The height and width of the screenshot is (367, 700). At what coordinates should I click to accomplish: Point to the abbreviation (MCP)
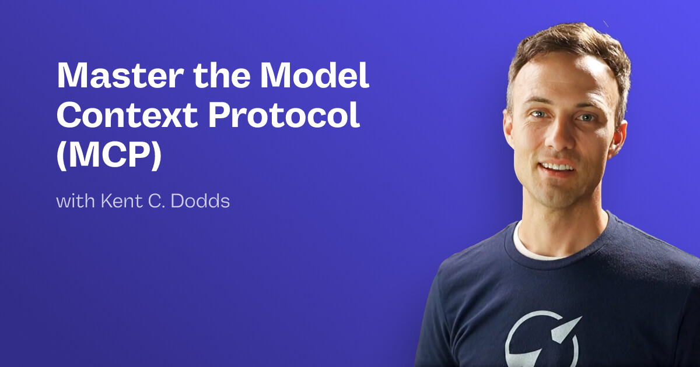tap(108, 157)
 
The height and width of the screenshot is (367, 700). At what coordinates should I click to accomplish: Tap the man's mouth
tap(558, 167)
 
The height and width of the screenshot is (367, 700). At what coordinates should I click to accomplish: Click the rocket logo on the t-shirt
tap(542, 338)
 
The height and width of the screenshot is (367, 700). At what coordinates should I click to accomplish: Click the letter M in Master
tap(72, 76)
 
